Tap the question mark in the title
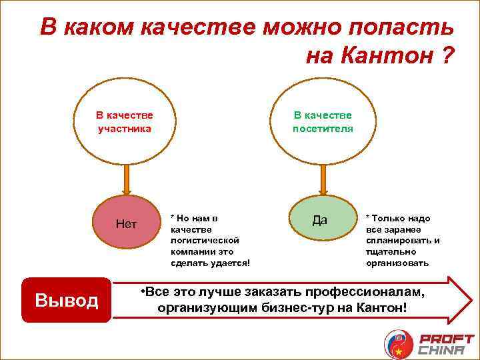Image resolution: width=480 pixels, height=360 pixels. (447, 57)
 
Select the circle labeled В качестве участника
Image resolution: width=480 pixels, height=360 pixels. (125, 122)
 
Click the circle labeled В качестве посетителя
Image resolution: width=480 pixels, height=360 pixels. (323, 122)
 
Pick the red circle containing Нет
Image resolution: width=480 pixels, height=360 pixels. (126, 224)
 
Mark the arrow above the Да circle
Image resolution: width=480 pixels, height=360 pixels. (323, 178)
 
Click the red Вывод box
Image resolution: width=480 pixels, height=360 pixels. (66, 301)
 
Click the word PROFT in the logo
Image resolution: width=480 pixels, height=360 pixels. (445, 338)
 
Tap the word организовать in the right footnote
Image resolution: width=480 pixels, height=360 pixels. (398, 263)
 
